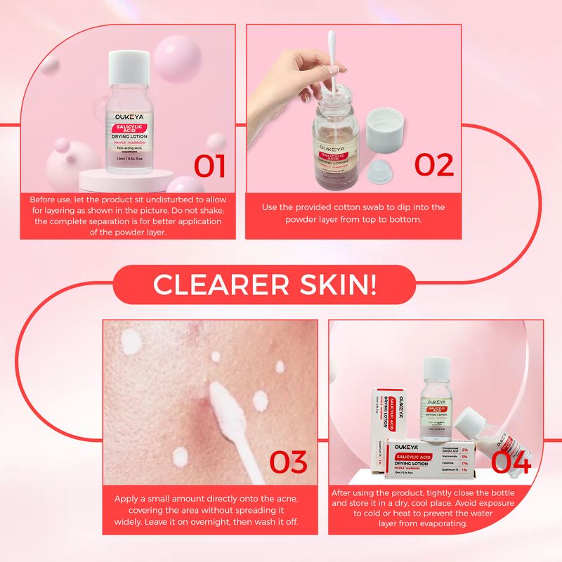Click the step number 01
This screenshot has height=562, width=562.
(x=210, y=166)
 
